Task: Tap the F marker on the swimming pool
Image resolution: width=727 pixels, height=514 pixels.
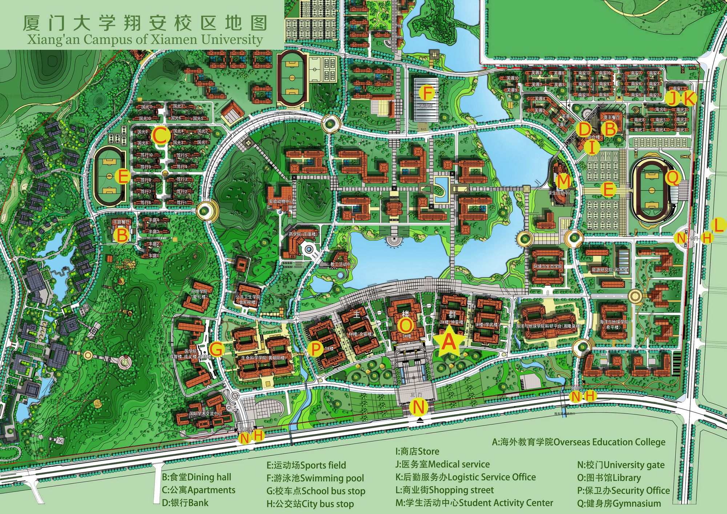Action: pos(427,93)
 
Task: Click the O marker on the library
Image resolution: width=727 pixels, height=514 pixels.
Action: pos(406,326)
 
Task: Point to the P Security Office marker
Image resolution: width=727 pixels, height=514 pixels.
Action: pos(316,349)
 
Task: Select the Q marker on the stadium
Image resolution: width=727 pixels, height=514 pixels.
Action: pos(672,178)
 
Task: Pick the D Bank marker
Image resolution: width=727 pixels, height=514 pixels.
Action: pos(584,129)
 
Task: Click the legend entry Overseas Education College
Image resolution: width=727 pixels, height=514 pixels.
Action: pos(579,442)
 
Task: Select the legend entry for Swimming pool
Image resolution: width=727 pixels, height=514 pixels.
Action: pos(315,478)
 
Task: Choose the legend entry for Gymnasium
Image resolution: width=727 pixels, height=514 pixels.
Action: pos(619,503)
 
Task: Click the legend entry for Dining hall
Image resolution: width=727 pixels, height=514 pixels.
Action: pos(197,477)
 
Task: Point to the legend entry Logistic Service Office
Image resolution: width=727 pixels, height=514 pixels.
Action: pos(466,477)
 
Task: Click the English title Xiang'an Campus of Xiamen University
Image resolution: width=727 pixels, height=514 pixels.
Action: pos(145,39)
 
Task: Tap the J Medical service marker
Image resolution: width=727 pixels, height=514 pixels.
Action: pos(673,98)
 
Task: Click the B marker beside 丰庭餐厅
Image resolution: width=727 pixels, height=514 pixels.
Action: pos(121,235)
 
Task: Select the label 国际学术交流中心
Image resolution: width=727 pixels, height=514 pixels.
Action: pos(205,414)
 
